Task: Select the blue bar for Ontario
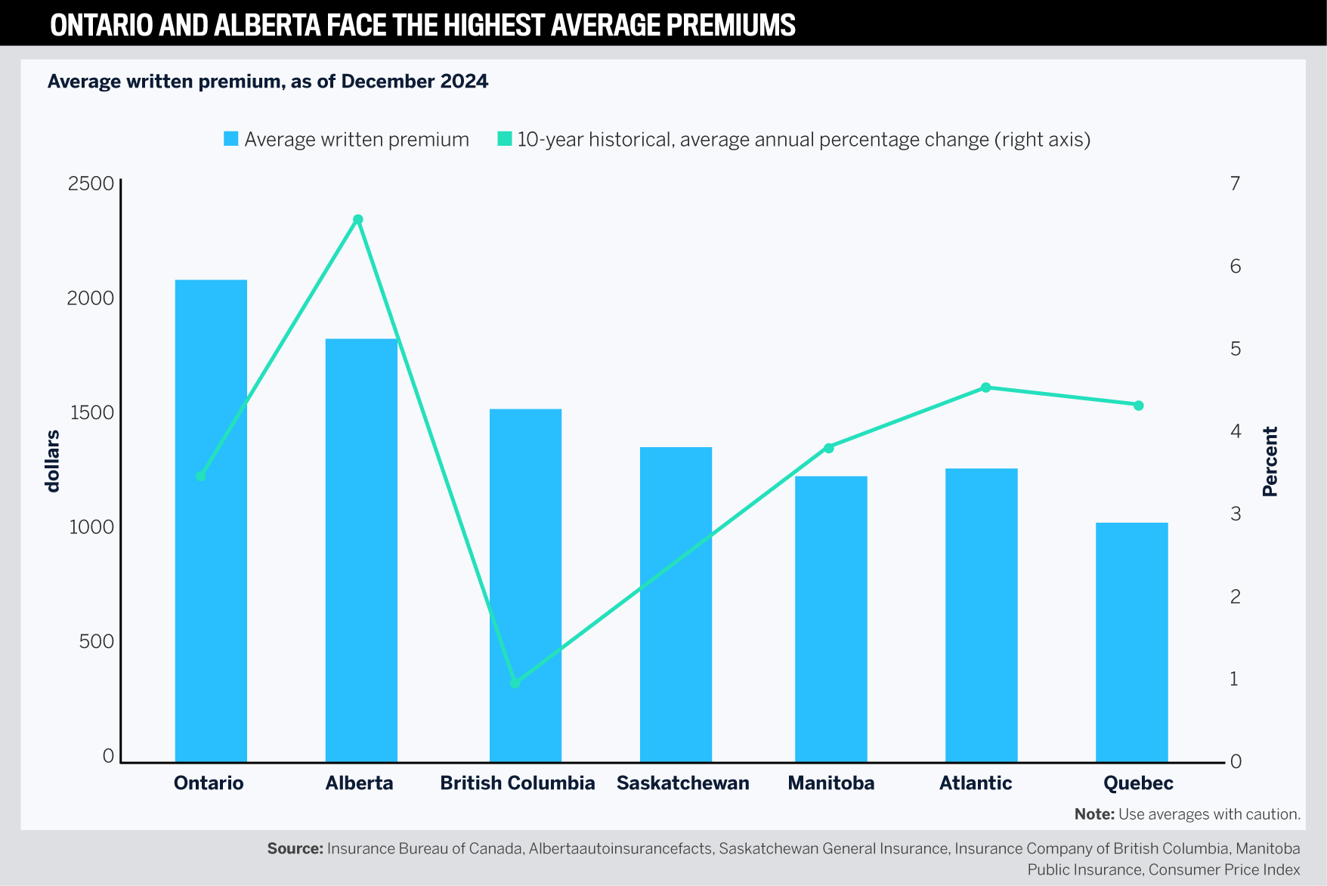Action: pyautogui.click(x=211, y=521)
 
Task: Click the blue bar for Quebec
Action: pyautogui.click(x=1131, y=642)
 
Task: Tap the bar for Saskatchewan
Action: pyautogui.click(x=676, y=604)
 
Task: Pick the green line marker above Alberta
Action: pyautogui.click(x=358, y=220)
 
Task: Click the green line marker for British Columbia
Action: pyautogui.click(x=515, y=683)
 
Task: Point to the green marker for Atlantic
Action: pyautogui.click(x=985, y=387)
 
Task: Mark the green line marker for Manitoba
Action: pyautogui.click(x=828, y=448)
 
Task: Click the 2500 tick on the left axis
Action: pyautogui.click(x=91, y=184)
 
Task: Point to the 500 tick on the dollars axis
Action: pyautogui.click(x=96, y=641)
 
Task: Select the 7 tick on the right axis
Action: pyautogui.click(x=1235, y=184)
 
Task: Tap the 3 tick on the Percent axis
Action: pyautogui.click(x=1235, y=514)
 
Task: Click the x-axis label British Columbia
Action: pyautogui.click(x=518, y=783)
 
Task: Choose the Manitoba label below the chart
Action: pyautogui.click(x=831, y=783)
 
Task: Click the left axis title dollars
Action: pyautogui.click(x=53, y=461)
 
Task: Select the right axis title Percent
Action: pyautogui.click(x=1270, y=461)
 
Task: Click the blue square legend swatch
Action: pyautogui.click(x=231, y=139)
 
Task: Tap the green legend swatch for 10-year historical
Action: pyautogui.click(x=504, y=139)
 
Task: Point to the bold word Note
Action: pyautogui.click(x=1093, y=814)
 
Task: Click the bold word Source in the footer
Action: pyautogui.click(x=295, y=848)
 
